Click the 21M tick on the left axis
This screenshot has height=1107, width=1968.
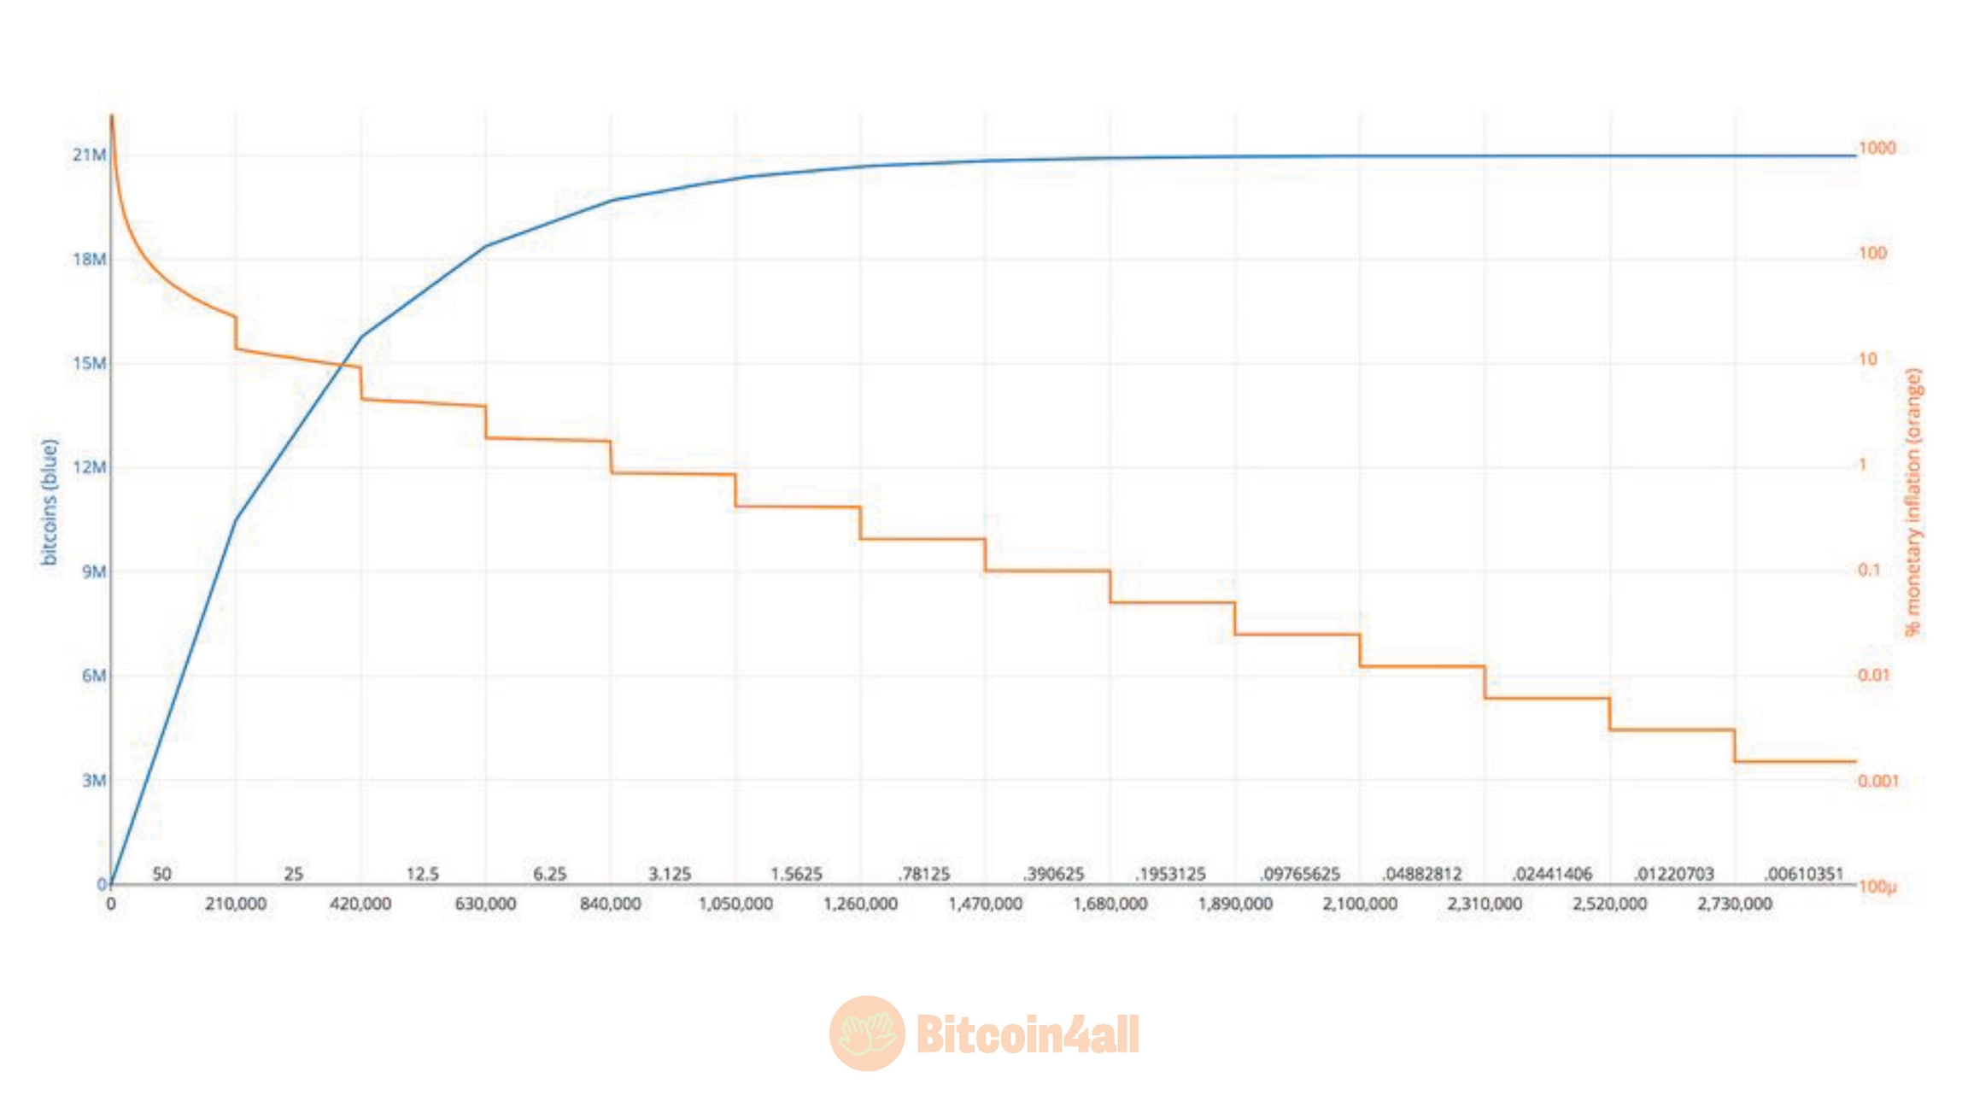89,155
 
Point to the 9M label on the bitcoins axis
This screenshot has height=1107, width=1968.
94,571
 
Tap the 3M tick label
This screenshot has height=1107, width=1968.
94,780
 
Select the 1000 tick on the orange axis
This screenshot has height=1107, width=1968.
1877,148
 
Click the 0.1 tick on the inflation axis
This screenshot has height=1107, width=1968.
1869,570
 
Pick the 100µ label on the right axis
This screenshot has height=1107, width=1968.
1877,887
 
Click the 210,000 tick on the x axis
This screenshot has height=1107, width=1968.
235,904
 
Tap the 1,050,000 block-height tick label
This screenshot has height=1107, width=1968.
735,904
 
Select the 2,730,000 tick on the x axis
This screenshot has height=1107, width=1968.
1734,904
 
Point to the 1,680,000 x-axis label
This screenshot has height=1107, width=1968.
1110,904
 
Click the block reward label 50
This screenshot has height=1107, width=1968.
161,874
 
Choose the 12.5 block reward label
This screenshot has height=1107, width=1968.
422,874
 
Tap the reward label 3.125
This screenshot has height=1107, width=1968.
670,874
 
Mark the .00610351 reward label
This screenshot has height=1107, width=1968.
1803,874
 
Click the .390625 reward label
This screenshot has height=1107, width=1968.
1053,874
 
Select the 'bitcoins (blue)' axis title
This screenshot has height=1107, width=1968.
50,502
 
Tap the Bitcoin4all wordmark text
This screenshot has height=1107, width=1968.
1028,1034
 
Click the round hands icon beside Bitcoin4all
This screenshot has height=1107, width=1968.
867,1034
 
